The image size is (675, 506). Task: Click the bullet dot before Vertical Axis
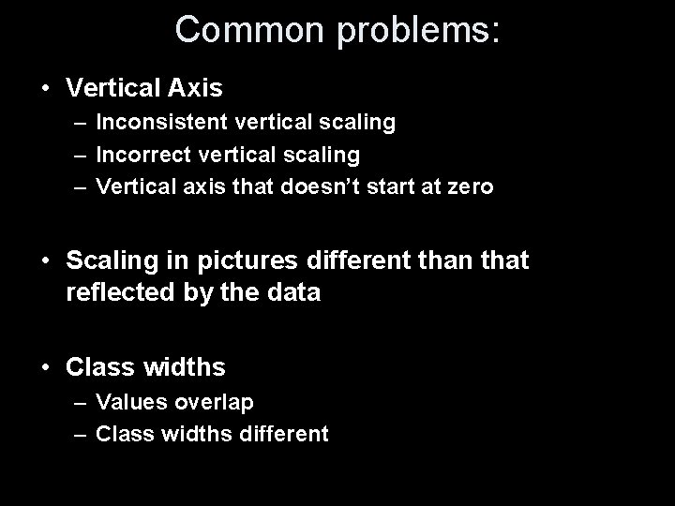[46, 89]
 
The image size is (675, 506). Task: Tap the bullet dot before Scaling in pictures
[46, 260]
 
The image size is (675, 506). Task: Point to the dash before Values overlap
[82, 402]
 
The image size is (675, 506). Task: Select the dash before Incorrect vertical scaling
[82, 153]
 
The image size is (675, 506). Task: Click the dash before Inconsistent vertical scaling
[82, 122]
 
